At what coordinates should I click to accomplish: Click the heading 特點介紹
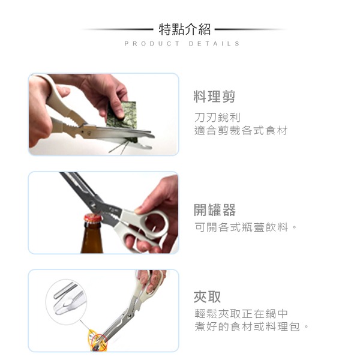tap(185, 29)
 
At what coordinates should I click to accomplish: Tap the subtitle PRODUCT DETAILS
tap(182, 44)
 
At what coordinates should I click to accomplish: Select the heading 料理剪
tap(214, 97)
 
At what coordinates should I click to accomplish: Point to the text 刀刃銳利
tap(217, 118)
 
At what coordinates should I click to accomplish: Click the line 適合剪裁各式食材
tap(241, 131)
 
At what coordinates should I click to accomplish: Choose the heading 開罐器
tap(215, 210)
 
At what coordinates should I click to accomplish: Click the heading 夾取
tap(207, 296)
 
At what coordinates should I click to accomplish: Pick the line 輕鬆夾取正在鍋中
tap(241, 314)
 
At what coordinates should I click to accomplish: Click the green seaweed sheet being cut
tap(122, 117)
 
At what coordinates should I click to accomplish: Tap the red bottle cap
tap(92, 218)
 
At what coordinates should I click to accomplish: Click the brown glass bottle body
tap(92, 239)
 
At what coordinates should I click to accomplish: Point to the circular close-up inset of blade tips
tap(67, 302)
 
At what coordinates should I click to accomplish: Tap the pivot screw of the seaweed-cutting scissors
tap(89, 133)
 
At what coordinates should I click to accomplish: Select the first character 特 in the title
tap(166, 29)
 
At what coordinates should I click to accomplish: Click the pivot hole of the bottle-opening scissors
tap(92, 203)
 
